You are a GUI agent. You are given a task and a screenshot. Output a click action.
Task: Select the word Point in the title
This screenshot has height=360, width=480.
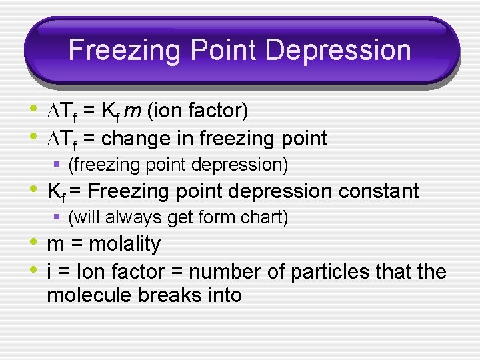tap(214, 51)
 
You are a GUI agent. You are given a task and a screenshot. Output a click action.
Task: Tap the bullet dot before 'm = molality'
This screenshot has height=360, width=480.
tap(33, 243)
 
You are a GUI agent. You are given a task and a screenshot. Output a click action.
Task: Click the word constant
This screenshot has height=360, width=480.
tap(379, 191)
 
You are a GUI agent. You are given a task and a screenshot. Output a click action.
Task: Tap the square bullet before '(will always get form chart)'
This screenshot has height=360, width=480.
tap(58, 217)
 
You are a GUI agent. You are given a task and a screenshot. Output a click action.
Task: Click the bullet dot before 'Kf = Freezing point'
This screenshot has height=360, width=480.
tap(33, 190)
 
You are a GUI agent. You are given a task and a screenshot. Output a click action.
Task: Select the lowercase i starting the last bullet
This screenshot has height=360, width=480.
tap(49, 271)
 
